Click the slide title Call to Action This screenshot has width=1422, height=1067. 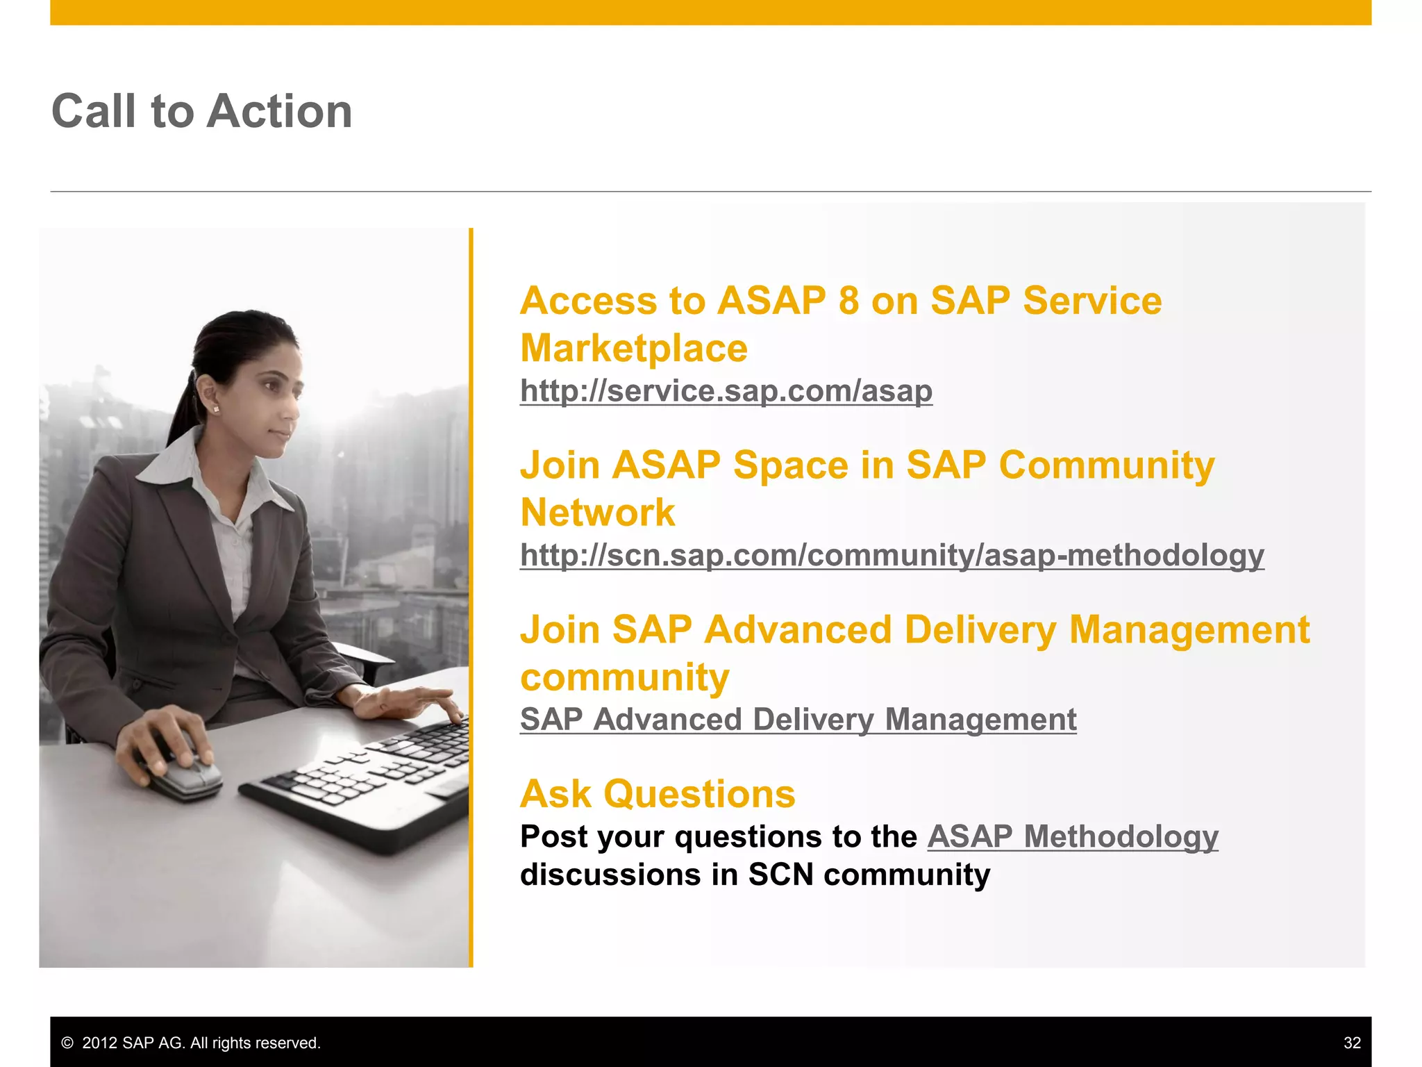tap(202, 111)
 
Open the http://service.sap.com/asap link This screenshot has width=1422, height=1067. tap(726, 390)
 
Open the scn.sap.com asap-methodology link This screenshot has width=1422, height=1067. tap(892, 555)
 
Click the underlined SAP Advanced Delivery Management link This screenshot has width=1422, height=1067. tap(798, 719)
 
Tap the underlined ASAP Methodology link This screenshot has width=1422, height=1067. tap(1072, 836)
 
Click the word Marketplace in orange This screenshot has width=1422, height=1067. tap(633, 348)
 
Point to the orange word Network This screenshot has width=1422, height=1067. tap(597, 513)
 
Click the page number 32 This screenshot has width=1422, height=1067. tap(1352, 1043)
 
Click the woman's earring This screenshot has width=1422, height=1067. tap(215, 409)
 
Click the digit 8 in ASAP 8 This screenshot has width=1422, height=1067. tap(848, 301)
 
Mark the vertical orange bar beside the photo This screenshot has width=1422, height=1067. tap(471, 597)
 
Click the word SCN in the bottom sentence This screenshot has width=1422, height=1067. tap(780, 874)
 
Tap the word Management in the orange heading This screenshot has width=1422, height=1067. tap(1189, 629)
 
